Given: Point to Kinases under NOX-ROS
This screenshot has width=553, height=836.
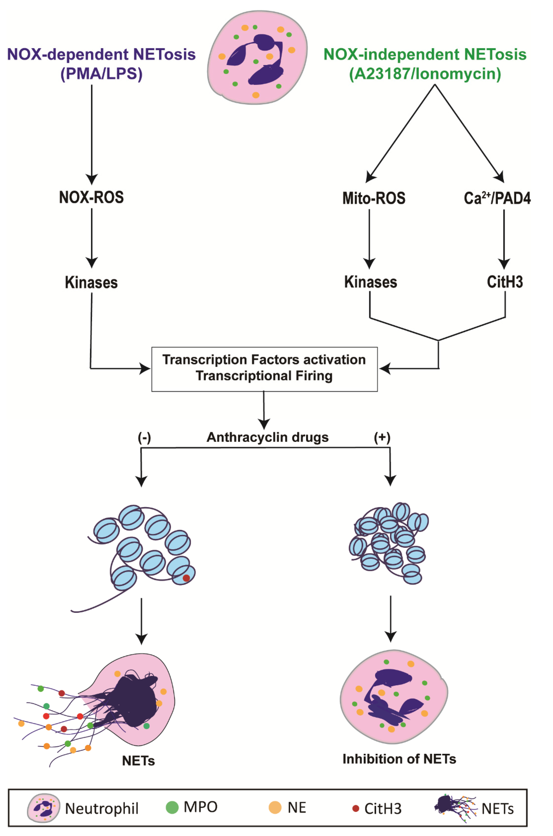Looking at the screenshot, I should [x=91, y=282].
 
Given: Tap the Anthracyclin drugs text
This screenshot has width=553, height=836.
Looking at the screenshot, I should [x=267, y=437].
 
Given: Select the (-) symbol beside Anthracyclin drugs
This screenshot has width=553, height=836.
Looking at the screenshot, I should [x=144, y=437].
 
